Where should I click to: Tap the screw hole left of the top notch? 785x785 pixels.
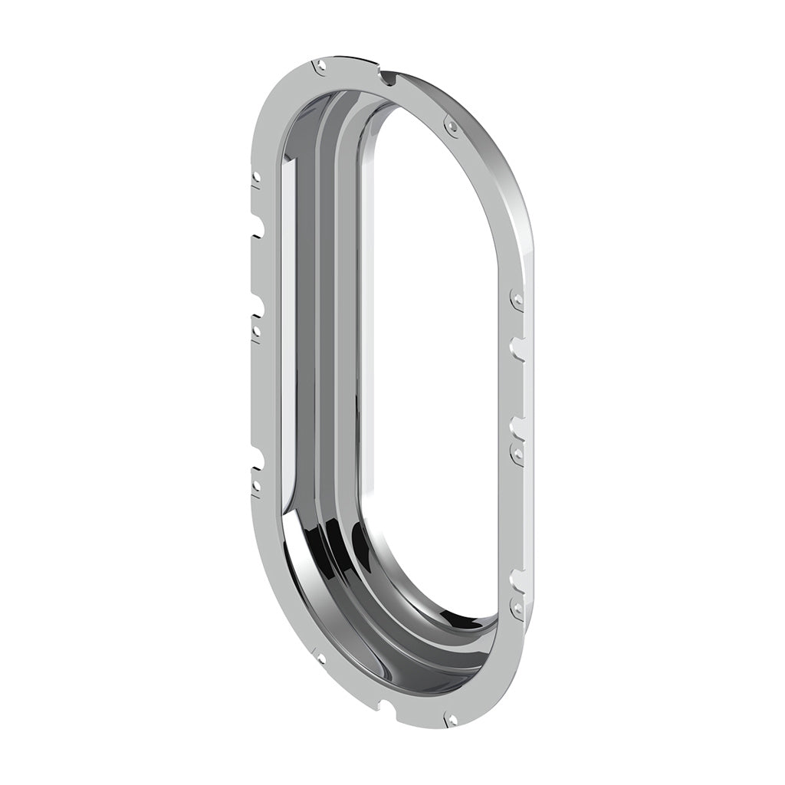point(321,67)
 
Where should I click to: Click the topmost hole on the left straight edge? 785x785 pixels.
point(256,177)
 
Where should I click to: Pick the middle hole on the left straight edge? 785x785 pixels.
point(256,332)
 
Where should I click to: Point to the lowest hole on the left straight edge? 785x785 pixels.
point(256,485)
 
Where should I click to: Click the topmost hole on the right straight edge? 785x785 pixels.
point(517,298)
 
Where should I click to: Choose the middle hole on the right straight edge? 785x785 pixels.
point(517,453)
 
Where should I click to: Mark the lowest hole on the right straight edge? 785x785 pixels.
point(517,609)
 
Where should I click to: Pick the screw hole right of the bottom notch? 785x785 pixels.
point(452,719)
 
